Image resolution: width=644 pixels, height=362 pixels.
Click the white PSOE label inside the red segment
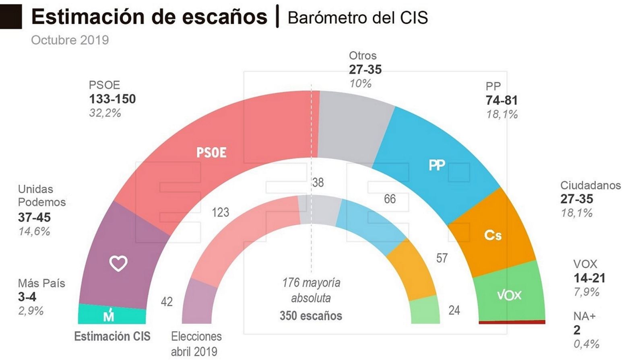coord(211,152)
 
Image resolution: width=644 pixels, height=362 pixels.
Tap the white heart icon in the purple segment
coord(118,263)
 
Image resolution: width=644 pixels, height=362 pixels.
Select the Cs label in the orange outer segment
coord(493,235)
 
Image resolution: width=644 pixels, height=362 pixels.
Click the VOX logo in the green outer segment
coord(509,295)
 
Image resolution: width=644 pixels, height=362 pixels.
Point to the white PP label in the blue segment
coord(437,165)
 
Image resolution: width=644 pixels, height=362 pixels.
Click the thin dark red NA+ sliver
coord(512,322)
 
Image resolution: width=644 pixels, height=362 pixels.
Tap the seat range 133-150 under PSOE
coord(112,99)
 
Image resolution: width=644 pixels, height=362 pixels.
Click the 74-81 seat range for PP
coord(502,100)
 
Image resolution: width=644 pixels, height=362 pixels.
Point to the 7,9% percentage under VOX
coord(586,292)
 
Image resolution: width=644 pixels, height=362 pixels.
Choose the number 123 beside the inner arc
coord(220,212)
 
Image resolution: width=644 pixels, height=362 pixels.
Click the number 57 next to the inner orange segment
coord(442,258)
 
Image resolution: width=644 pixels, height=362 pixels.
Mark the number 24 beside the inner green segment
coord(454,310)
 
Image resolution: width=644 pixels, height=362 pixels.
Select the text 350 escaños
coord(311,316)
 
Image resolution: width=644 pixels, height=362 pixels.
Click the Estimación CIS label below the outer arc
coord(112,336)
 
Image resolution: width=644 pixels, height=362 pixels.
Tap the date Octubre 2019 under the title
coord(70,40)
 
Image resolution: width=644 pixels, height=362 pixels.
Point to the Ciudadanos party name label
coord(590,185)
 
